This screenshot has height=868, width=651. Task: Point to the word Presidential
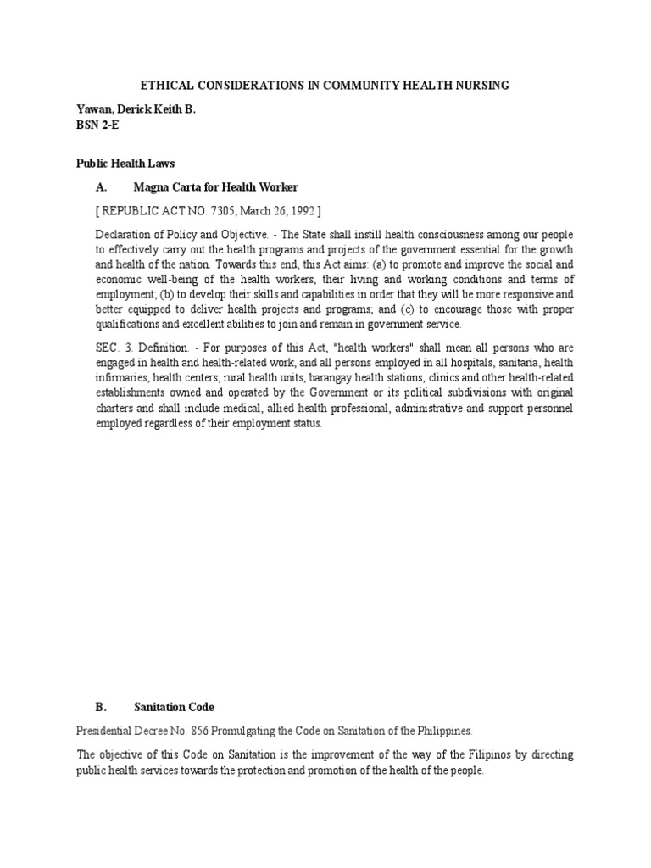click(x=105, y=730)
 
